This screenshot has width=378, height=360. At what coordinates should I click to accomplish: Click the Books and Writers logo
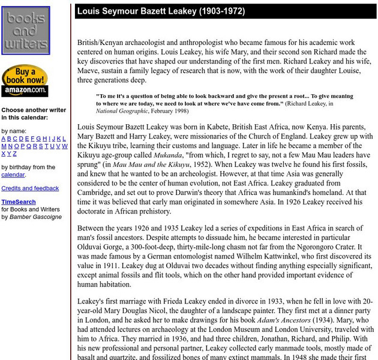[25, 30]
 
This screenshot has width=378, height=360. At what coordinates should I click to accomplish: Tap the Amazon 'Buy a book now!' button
[25, 81]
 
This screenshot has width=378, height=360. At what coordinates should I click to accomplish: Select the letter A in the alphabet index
[4, 139]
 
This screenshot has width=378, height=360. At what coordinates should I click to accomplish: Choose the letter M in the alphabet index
[4, 146]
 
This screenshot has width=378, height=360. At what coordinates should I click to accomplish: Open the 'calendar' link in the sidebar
[13, 175]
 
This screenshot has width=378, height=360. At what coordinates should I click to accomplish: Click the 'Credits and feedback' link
[30, 188]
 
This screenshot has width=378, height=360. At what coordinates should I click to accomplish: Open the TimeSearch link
[18, 202]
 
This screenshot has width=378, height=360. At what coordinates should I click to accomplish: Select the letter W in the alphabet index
[64, 146]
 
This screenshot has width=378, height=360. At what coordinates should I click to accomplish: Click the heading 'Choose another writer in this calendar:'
[33, 114]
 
